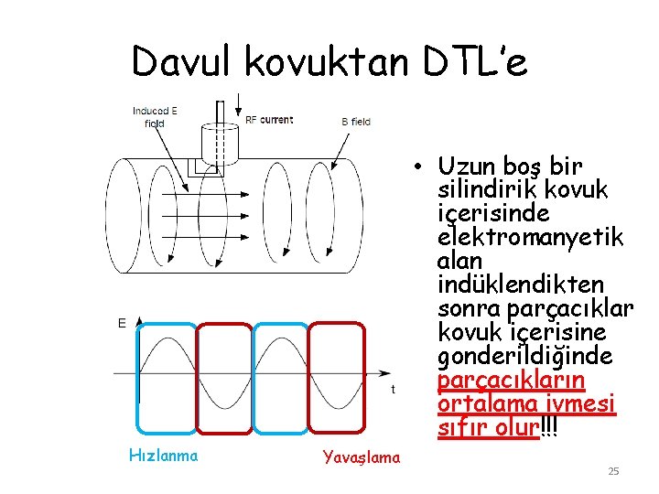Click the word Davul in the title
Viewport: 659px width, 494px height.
click(x=184, y=62)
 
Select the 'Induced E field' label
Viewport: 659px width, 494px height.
click(x=155, y=117)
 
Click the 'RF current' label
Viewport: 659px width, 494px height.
click(x=269, y=120)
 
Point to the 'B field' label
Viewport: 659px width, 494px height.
click(x=356, y=121)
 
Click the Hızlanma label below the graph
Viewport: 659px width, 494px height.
click(x=163, y=455)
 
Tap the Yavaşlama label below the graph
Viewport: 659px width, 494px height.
click(x=362, y=457)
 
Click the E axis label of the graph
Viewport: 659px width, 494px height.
click(x=122, y=323)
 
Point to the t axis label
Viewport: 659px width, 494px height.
click(x=393, y=389)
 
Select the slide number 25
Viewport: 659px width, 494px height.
click(x=613, y=471)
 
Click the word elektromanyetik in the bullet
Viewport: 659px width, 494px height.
click(x=531, y=238)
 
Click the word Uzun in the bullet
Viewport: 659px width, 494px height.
click(x=468, y=166)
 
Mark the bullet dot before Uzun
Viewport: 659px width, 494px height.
click(x=416, y=167)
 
